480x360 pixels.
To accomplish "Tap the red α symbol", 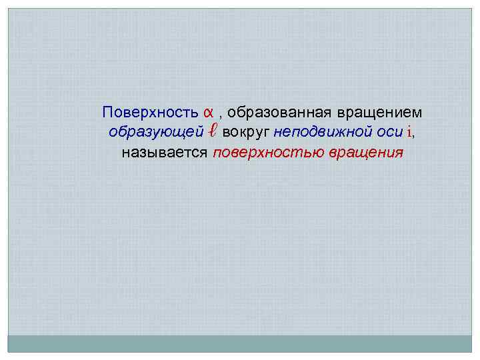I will tap(208, 111).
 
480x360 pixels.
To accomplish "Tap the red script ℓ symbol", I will tap(211, 131).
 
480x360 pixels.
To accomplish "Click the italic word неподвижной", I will tap(323, 131).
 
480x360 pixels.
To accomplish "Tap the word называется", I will tap(165, 153).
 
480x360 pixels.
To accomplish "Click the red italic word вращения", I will tap(366, 153).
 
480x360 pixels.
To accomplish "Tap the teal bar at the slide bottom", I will tap(239, 343).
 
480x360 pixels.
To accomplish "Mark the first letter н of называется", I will tap(125, 153).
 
